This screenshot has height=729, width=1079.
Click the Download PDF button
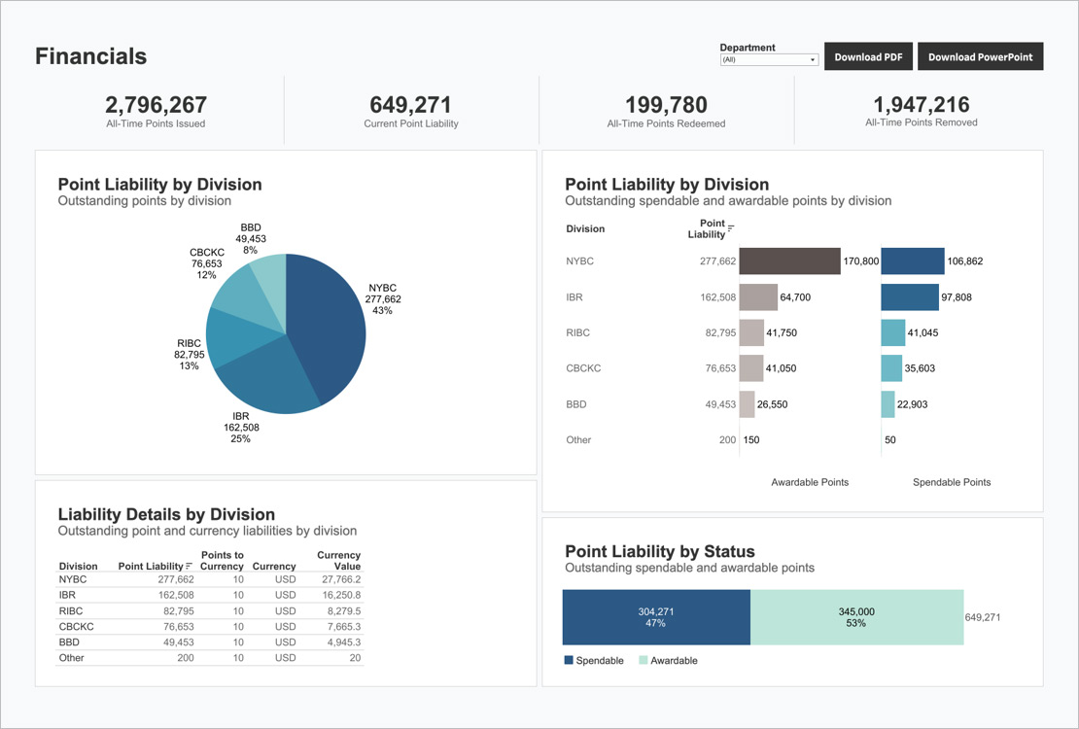[868, 57]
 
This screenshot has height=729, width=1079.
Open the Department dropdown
[769, 60]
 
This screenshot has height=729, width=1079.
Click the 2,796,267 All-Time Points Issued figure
[156, 105]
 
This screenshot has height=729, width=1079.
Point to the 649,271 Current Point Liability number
[411, 105]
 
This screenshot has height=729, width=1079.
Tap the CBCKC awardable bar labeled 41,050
[751, 368]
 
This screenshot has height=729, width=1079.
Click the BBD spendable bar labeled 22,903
[888, 404]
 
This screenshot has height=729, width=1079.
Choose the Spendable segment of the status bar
[656, 617]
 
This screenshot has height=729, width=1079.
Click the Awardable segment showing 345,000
[856, 617]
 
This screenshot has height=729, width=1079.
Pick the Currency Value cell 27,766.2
[341, 578]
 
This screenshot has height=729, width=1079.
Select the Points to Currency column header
[222, 561]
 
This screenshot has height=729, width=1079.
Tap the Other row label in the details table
[72, 658]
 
